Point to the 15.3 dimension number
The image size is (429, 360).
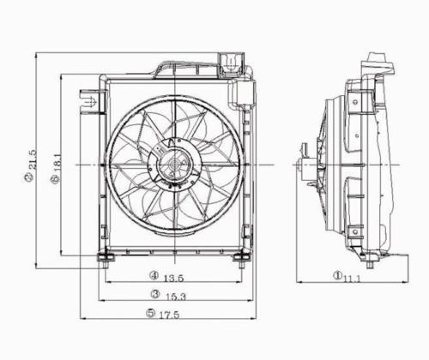(178, 295)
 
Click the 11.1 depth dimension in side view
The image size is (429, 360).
(351, 277)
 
